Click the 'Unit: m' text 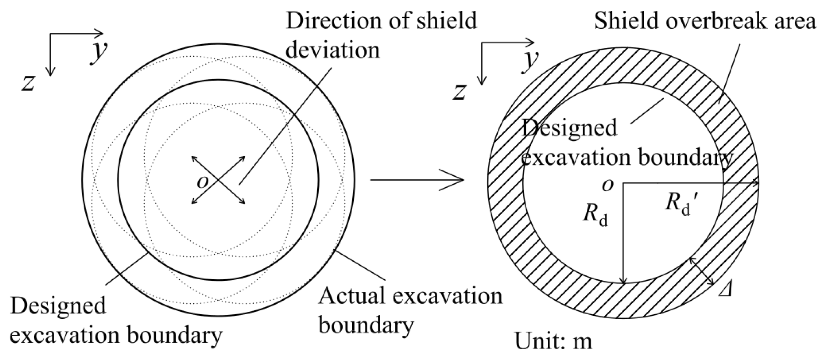[553, 341]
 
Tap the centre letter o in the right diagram [607, 185]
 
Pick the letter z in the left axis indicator [28, 83]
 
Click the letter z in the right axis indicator [459, 92]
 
